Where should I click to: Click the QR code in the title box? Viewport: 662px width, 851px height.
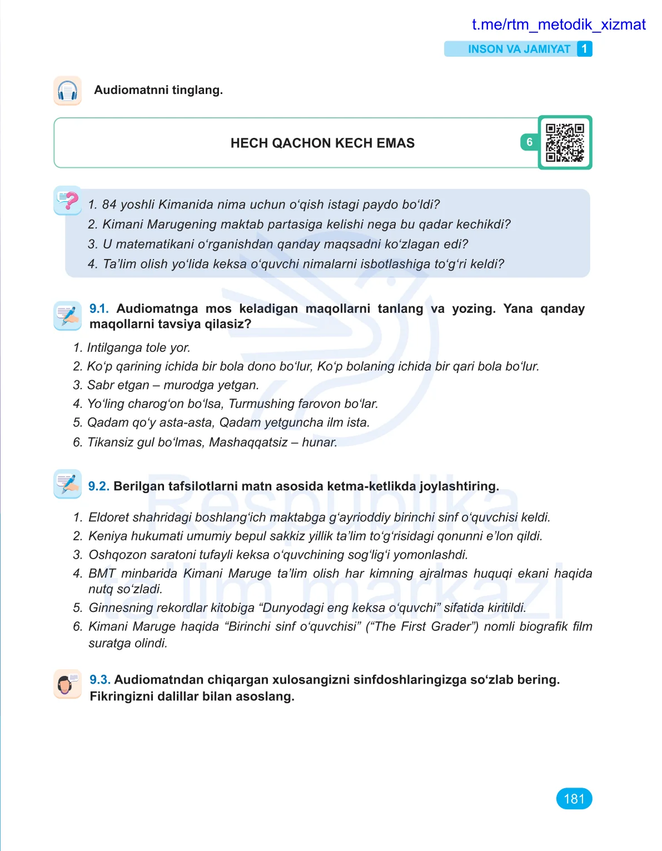(x=565, y=142)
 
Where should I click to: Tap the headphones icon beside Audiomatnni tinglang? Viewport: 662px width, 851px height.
(x=68, y=91)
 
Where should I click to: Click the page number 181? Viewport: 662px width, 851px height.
(x=574, y=799)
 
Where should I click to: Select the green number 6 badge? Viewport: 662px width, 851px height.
(x=529, y=142)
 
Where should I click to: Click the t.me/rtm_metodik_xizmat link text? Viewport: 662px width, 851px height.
(x=558, y=24)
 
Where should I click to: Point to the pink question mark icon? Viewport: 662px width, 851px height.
(x=68, y=200)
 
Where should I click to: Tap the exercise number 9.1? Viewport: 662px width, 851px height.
(x=98, y=309)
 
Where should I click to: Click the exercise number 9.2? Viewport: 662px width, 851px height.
(x=98, y=486)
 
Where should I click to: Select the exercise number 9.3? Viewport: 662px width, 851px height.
(x=99, y=680)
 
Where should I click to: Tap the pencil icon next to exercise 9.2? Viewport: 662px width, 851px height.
(x=68, y=483)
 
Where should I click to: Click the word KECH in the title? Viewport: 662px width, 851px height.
(x=354, y=143)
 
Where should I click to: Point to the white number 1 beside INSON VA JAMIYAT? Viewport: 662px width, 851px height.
(x=584, y=49)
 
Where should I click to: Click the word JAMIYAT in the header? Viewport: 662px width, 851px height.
(x=547, y=49)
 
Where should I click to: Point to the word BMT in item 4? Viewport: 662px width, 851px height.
(x=102, y=574)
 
